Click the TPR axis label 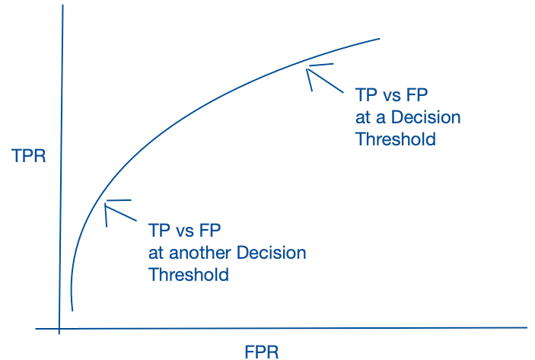point(29,156)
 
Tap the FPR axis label point(262,352)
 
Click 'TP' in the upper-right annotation point(366,94)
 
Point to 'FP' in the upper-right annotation point(416,94)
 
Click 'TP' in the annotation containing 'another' point(159,231)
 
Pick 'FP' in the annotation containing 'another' point(210,231)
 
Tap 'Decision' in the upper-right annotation point(426,117)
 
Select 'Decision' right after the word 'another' point(271,253)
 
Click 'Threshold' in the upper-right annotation point(396,139)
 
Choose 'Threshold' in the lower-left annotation point(189,274)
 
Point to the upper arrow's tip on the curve point(307,69)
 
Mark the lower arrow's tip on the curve point(105,205)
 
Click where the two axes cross point(59,329)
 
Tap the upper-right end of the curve point(380,39)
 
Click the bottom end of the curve point(72,311)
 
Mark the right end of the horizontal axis point(527,327)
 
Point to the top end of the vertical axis point(62,5)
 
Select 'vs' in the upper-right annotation point(391,96)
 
